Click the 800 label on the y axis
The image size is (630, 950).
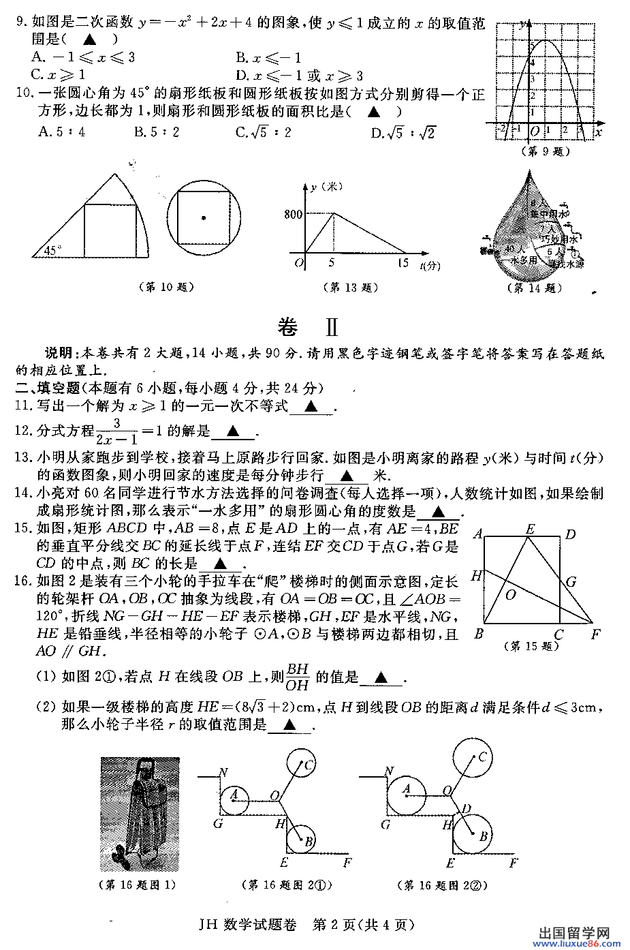(293, 215)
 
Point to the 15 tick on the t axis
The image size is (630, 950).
(403, 263)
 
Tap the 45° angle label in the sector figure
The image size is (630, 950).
(51, 251)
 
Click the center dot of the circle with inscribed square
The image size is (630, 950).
(204, 218)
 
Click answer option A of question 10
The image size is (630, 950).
(62, 132)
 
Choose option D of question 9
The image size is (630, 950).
(299, 76)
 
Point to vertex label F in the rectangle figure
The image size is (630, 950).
(596, 634)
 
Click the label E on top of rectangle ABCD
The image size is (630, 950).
(530, 528)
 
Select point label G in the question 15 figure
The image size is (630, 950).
(571, 581)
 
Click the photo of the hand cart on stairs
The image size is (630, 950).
(140, 814)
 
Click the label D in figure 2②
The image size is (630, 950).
(467, 809)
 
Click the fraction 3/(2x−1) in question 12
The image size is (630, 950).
(116, 432)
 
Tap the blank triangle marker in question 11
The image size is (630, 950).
(311, 407)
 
